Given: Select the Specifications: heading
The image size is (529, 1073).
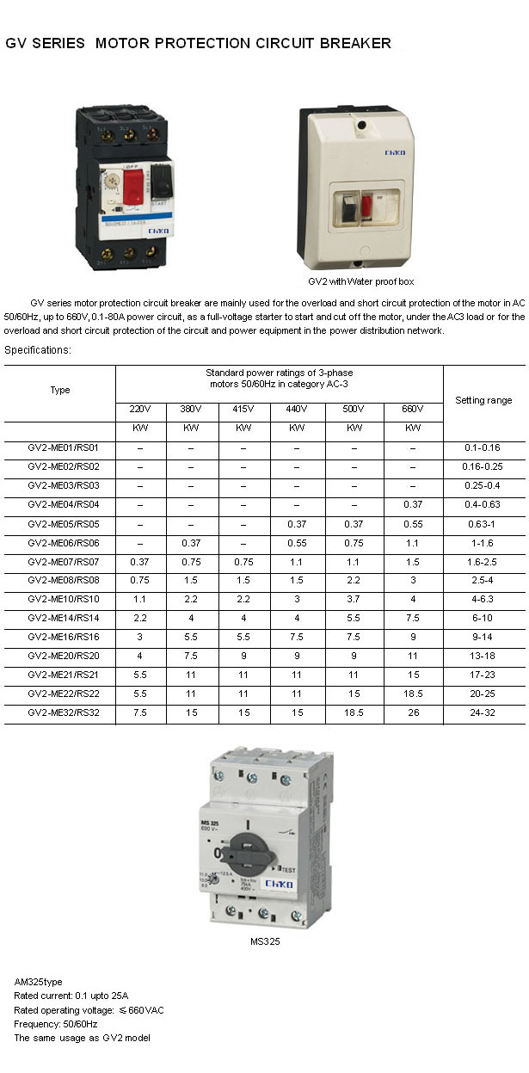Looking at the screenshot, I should click(38, 350).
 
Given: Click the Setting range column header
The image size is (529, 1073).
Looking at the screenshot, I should click(483, 400).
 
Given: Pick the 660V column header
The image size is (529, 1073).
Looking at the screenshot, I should click(413, 409).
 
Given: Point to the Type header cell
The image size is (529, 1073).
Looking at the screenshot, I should click(60, 390).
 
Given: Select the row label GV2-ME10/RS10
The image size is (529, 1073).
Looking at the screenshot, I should click(64, 599).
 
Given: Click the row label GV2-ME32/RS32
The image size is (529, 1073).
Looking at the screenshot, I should click(64, 712).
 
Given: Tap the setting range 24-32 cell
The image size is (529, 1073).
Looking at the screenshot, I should click(483, 712).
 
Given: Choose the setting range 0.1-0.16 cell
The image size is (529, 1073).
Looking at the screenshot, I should click(483, 447).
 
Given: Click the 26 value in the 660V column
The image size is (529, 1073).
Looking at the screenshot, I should click(413, 712).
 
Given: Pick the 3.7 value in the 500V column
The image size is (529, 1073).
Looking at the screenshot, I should click(354, 599).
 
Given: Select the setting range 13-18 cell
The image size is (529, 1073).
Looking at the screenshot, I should click(483, 656).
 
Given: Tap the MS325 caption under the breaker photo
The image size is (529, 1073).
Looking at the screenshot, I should click(265, 940).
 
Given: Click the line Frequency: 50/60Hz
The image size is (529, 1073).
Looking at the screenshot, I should click(56, 1024).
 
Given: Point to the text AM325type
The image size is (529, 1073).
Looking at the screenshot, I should click(39, 982).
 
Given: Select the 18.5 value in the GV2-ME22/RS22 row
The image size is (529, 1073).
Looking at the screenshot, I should click(413, 694).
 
